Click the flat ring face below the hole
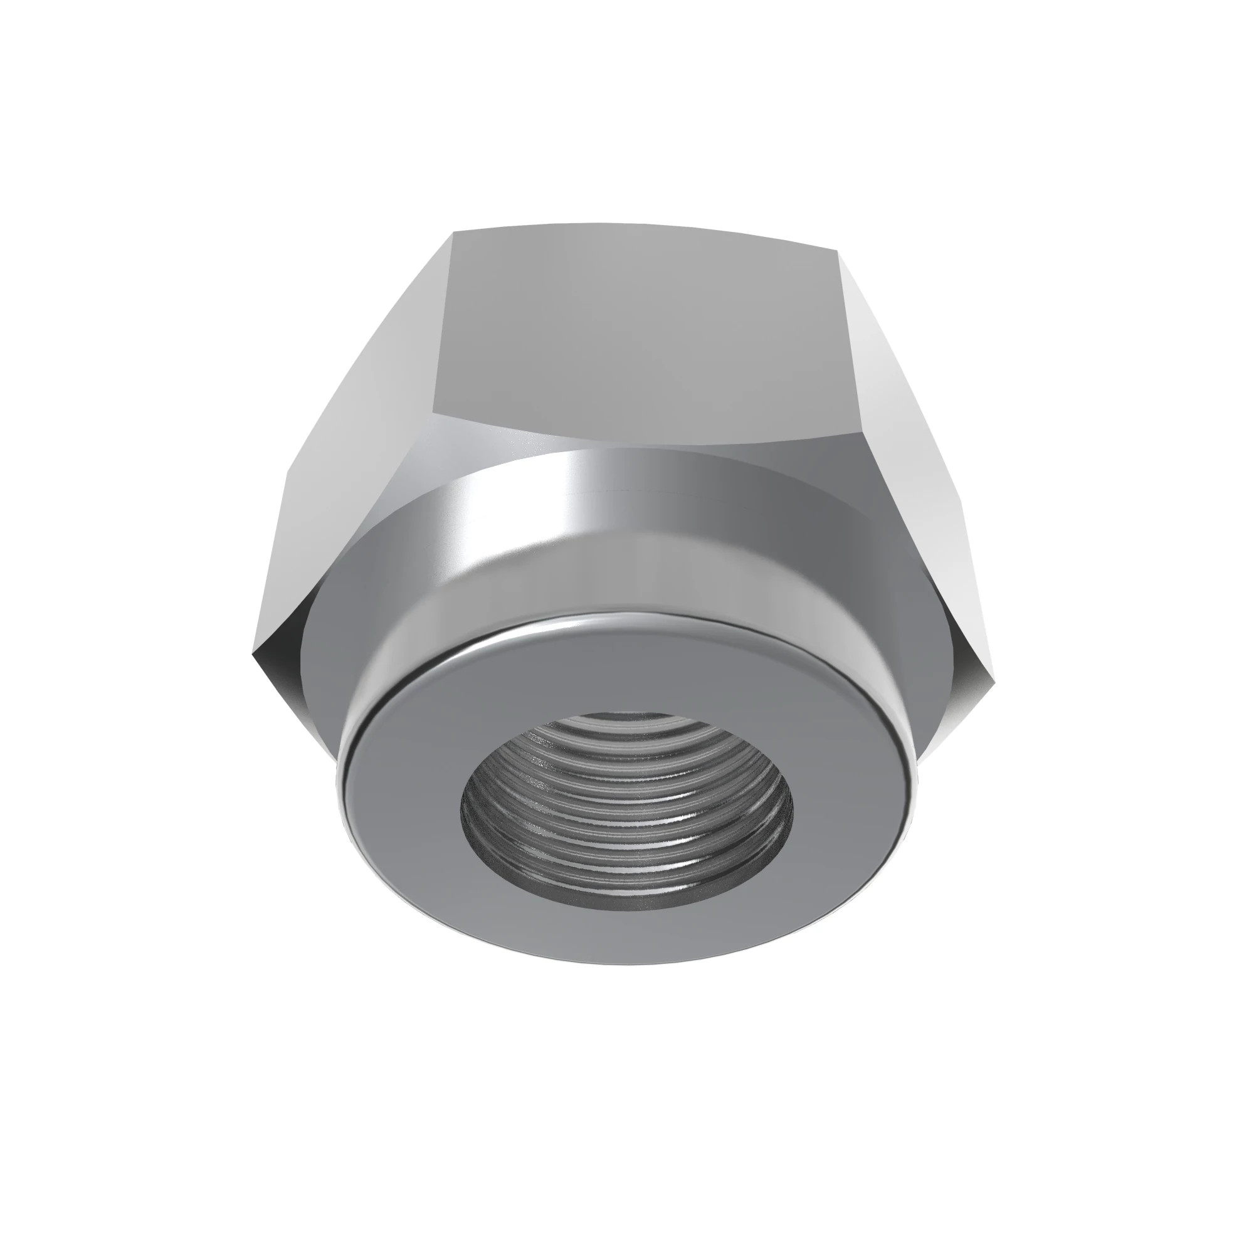coord(626,935)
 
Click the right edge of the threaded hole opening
coord(792,811)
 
